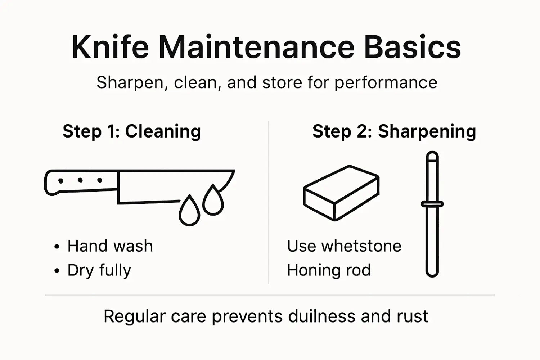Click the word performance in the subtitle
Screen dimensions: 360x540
386,82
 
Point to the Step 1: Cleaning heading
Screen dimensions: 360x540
131,131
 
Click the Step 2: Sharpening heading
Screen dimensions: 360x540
394,131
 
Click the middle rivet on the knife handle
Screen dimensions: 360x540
80,180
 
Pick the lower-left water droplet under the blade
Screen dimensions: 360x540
189,212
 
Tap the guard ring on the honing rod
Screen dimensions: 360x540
432,204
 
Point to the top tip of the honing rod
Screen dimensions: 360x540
432,154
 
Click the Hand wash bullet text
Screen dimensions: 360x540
110,246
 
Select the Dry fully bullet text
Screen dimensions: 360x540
99,270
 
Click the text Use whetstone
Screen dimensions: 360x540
344,246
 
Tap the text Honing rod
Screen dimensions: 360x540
329,270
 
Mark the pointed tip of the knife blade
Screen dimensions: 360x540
233,171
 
